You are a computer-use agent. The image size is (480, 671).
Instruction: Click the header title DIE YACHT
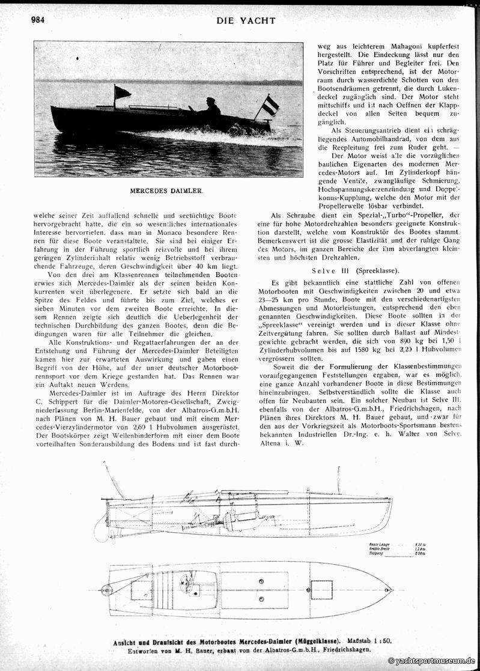pyautogui.click(x=246, y=20)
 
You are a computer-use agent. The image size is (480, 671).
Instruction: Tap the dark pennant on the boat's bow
pyautogui.click(x=122, y=92)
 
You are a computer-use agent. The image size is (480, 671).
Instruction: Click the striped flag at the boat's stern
pyautogui.click(x=272, y=106)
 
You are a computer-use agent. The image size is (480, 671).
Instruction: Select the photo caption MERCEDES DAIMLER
pyautogui.click(x=166, y=191)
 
